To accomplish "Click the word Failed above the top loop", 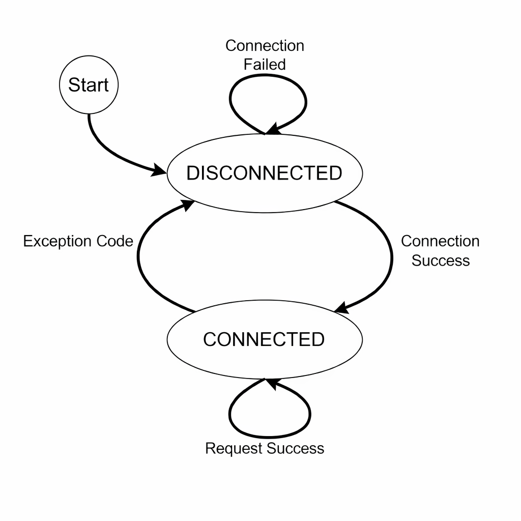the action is [x=265, y=65].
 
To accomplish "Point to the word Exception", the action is [x=58, y=242].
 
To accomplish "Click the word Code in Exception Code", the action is [x=115, y=241].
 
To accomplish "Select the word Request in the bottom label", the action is [x=234, y=449].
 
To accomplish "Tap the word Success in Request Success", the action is [x=296, y=448].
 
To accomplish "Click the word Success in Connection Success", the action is [x=441, y=260].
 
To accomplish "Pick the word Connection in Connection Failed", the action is [x=265, y=46].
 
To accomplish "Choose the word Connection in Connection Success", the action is [x=440, y=241].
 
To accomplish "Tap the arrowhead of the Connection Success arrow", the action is [x=341, y=308].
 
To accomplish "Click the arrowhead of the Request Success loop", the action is [x=273, y=384].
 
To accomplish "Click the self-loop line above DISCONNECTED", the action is [x=230, y=100].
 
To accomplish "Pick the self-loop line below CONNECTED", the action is [x=269, y=437].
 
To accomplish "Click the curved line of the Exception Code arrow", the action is [x=138, y=256].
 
